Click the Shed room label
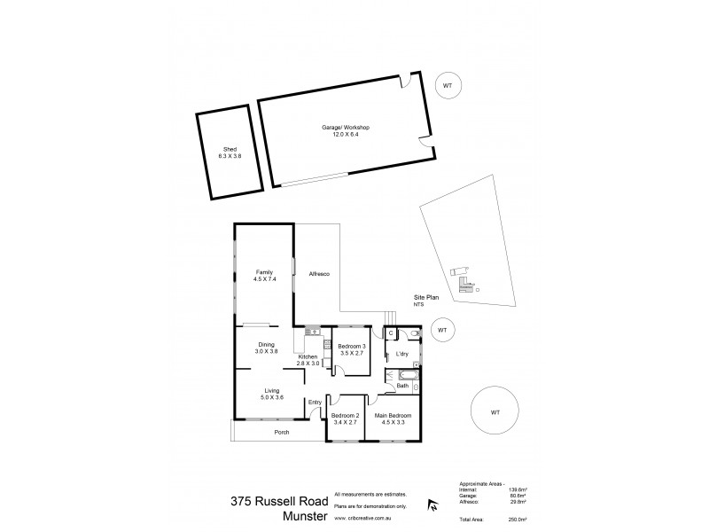(x=230, y=149)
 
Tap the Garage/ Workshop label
(x=346, y=129)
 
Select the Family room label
(x=263, y=272)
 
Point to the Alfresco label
(x=319, y=274)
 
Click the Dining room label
(x=266, y=345)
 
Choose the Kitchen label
(x=308, y=357)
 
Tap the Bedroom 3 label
(x=352, y=346)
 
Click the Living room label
(x=272, y=390)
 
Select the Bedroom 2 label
(x=344, y=415)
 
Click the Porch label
(x=282, y=432)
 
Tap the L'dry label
(x=401, y=354)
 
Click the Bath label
(x=402, y=386)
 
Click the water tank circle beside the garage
(x=447, y=85)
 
